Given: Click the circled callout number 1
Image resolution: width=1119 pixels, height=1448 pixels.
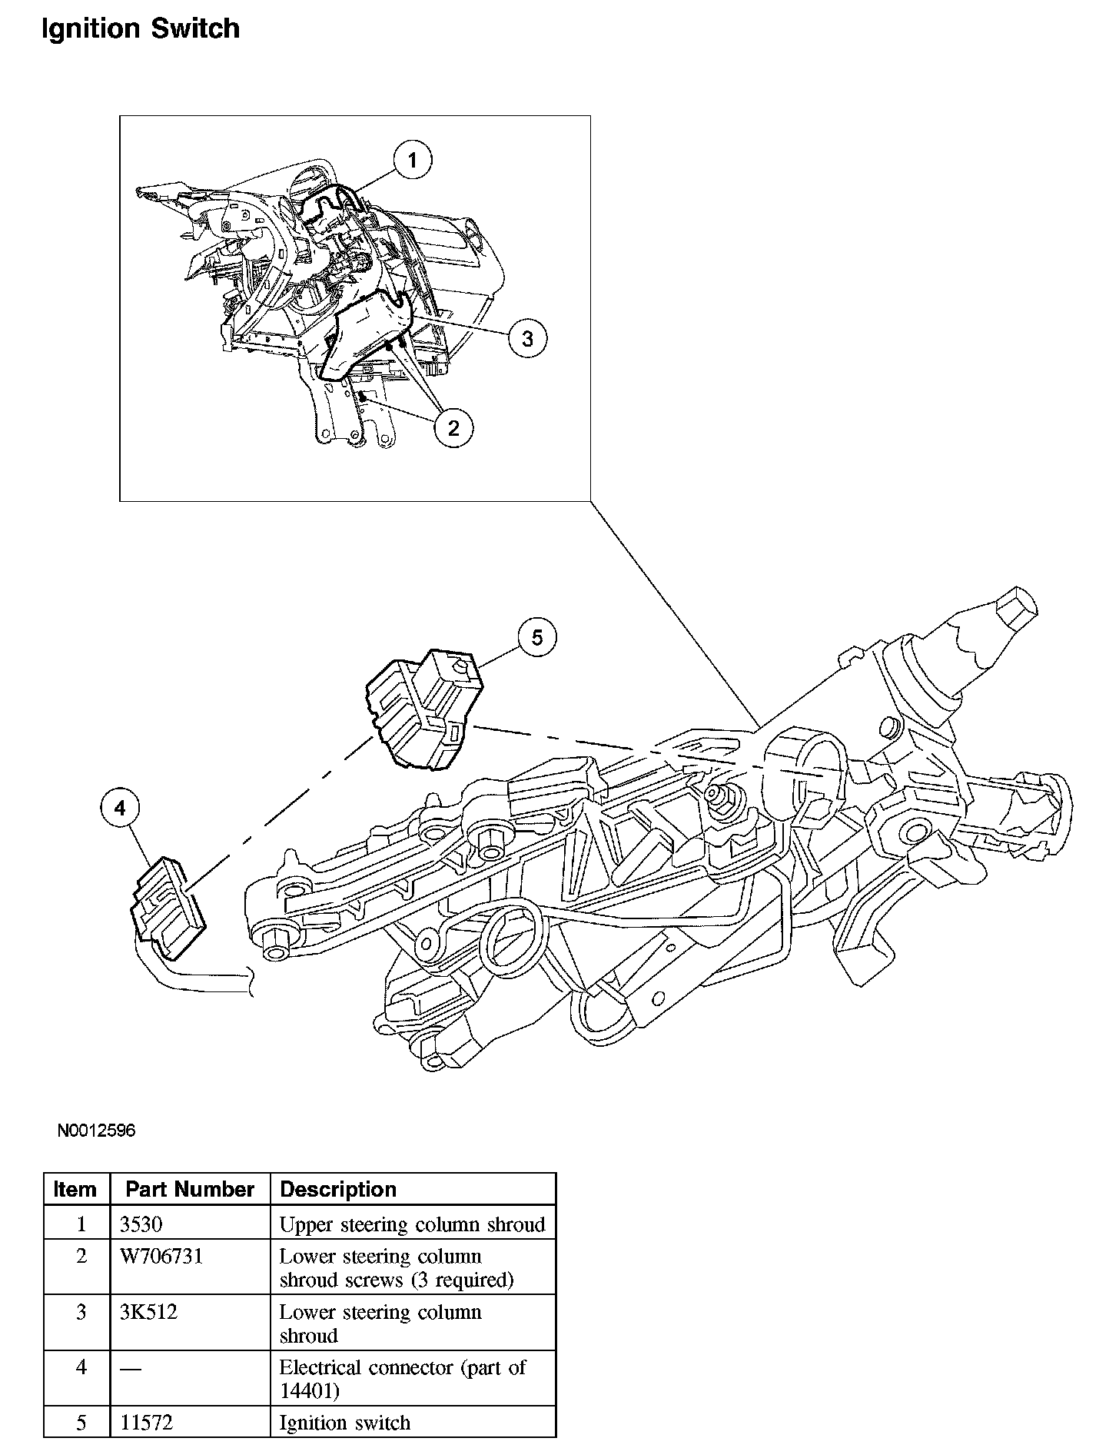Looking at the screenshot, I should point(413,161).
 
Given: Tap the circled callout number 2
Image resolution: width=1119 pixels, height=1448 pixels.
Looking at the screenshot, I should point(453,427).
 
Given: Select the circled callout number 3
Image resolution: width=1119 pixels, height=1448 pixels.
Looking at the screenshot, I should point(527,338).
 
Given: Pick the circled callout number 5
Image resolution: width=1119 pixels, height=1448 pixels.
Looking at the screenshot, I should point(536,637).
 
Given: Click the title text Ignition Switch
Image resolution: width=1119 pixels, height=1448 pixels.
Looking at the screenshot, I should point(140,29).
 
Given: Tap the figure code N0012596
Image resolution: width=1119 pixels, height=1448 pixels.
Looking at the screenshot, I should point(96,1131).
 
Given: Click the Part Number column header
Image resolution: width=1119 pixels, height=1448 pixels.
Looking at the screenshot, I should point(190,1189).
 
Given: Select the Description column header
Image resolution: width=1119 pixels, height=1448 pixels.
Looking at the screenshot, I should point(338,1189).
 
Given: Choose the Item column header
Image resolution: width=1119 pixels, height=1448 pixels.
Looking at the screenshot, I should point(75,1189).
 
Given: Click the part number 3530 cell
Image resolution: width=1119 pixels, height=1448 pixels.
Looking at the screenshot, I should point(141,1224).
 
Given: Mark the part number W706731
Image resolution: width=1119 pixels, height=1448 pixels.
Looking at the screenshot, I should point(161,1257).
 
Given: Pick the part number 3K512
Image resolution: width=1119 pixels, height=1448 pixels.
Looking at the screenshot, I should point(149,1312).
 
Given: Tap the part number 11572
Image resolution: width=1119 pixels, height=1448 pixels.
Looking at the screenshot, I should point(147,1423).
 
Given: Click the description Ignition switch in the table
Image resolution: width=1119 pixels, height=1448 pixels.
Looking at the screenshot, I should point(344,1423).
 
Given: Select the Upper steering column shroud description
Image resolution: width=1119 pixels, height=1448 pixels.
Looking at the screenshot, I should point(412,1224).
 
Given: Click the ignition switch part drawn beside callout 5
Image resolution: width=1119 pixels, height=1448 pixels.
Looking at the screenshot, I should point(421,709).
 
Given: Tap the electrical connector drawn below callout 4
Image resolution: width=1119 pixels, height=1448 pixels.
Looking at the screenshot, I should point(166,907).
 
